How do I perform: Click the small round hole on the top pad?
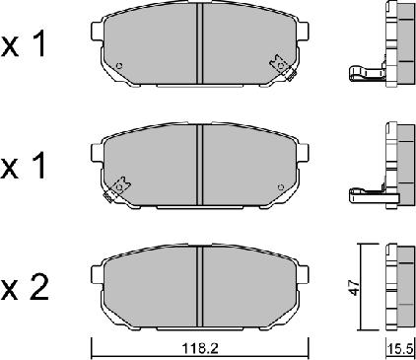[118, 68]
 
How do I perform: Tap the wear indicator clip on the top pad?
[282, 68]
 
